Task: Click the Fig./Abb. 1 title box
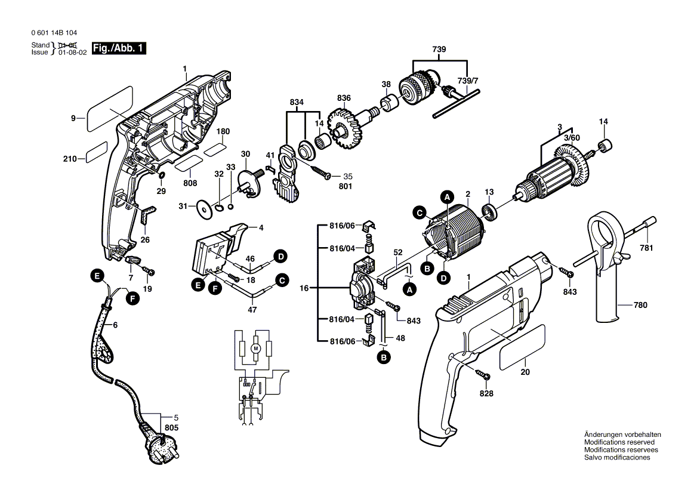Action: [x=118, y=48]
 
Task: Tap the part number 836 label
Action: [x=344, y=98]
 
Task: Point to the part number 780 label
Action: [x=640, y=306]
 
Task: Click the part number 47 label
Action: [x=252, y=310]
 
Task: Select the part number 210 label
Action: [x=70, y=159]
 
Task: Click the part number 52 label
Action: [x=398, y=253]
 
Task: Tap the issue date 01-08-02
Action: [x=73, y=53]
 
